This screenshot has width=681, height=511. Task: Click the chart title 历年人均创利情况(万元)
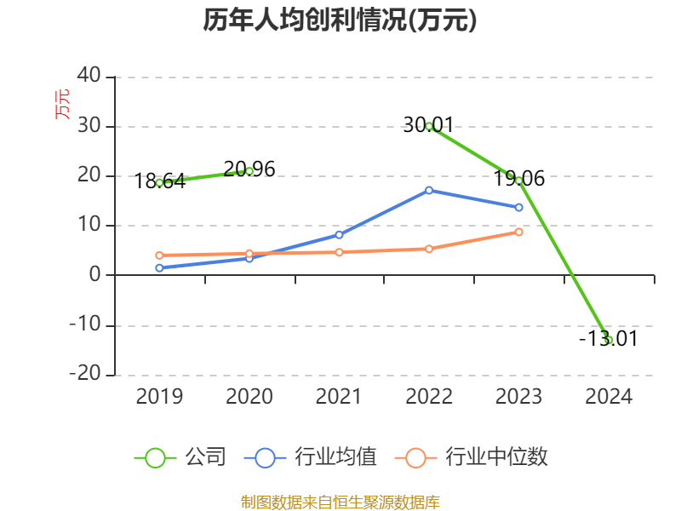[x=340, y=20]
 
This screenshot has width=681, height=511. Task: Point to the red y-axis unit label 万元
[x=63, y=103]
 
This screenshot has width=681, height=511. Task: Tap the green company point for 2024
[x=609, y=340]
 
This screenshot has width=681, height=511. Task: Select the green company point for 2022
[x=429, y=126]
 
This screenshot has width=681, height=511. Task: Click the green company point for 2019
[x=159, y=182]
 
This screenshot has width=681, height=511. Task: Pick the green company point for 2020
[x=249, y=171]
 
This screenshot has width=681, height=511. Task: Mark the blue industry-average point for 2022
[x=429, y=190]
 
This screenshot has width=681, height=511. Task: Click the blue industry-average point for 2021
[x=339, y=235]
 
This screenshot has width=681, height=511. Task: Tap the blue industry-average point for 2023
[x=519, y=208]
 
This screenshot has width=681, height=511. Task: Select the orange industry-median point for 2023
[x=519, y=232]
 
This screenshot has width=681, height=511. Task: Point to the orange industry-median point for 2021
[x=339, y=252]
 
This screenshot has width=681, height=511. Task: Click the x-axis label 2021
[x=339, y=397]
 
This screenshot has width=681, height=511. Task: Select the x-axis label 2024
[x=609, y=397]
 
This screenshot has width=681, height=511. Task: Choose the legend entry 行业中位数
[x=473, y=457]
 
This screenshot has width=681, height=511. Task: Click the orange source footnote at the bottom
[x=340, y=502]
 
